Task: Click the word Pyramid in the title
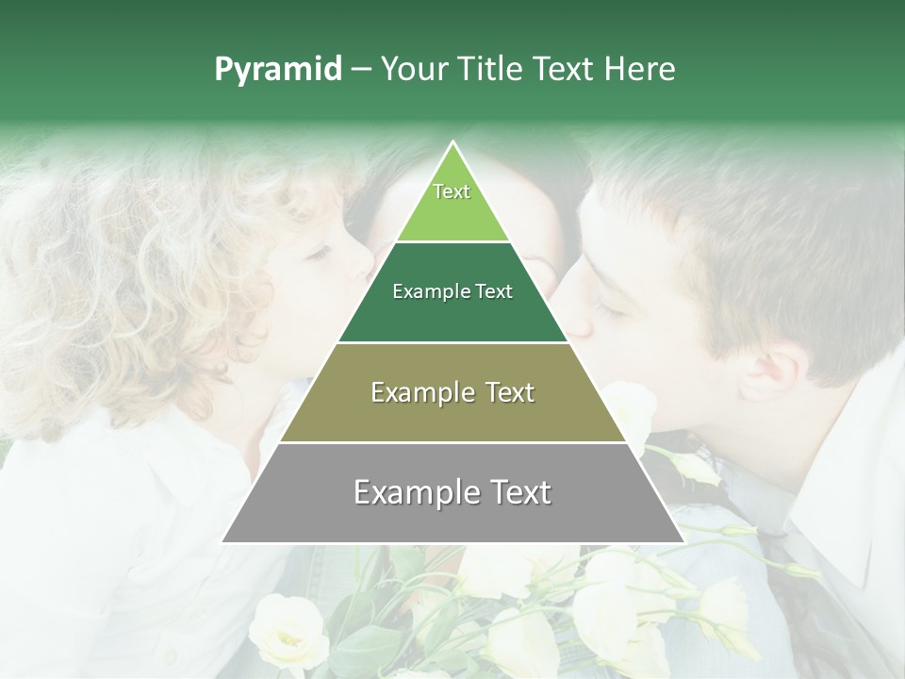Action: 277,70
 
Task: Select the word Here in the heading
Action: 644,70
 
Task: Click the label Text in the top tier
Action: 452,191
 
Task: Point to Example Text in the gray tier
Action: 452,492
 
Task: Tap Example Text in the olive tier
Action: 452,392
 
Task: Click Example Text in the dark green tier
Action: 452,291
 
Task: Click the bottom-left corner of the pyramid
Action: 223,541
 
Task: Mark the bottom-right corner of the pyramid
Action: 683,541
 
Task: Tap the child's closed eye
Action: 317,253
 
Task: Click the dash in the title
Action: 361,70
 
